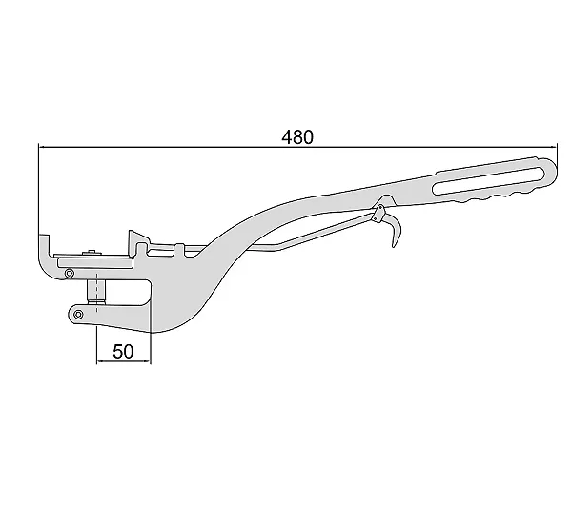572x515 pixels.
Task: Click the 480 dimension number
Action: (297, 137)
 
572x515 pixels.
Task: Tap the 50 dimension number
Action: (123, 352)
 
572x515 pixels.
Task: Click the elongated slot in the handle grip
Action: (490, 180)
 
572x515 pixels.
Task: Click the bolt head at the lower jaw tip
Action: (78, 315)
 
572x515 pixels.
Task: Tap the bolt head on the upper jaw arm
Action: (69, 273)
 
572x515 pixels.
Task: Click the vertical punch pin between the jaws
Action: (96, 291)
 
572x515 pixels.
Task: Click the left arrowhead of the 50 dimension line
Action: (99, 361)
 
